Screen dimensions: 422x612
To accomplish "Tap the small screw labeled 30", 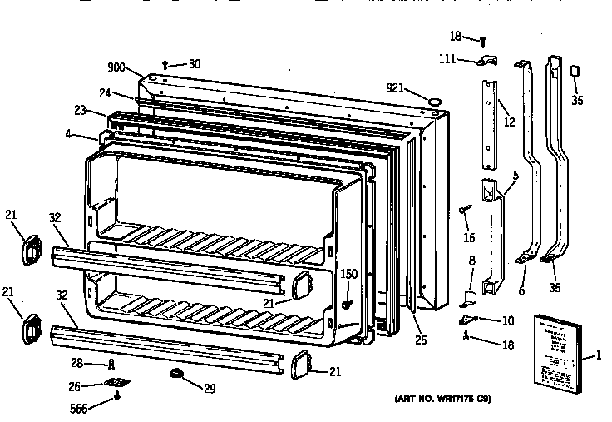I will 166,63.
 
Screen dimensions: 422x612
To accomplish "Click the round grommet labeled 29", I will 176,372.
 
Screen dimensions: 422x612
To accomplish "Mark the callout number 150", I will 348,274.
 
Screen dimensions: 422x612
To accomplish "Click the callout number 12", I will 509,122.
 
